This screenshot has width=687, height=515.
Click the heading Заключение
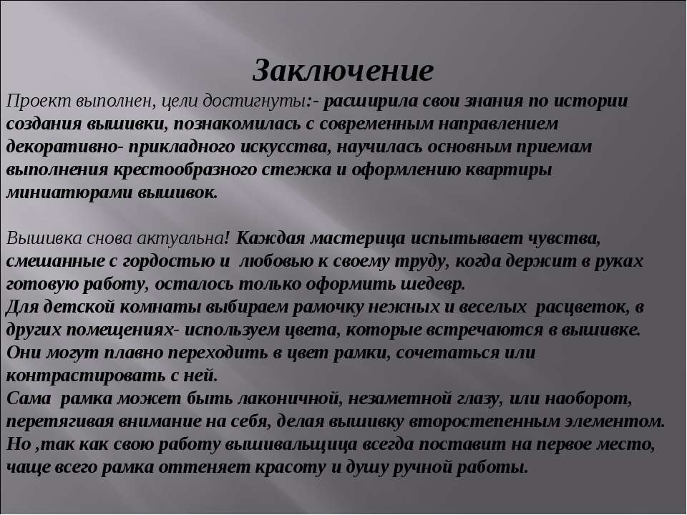pyautogui.click(x=343, y=71)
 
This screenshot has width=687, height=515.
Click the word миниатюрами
pyautogui.click(x=69, y=193)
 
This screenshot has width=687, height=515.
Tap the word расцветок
pyautogui.click(x=583, y=308)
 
